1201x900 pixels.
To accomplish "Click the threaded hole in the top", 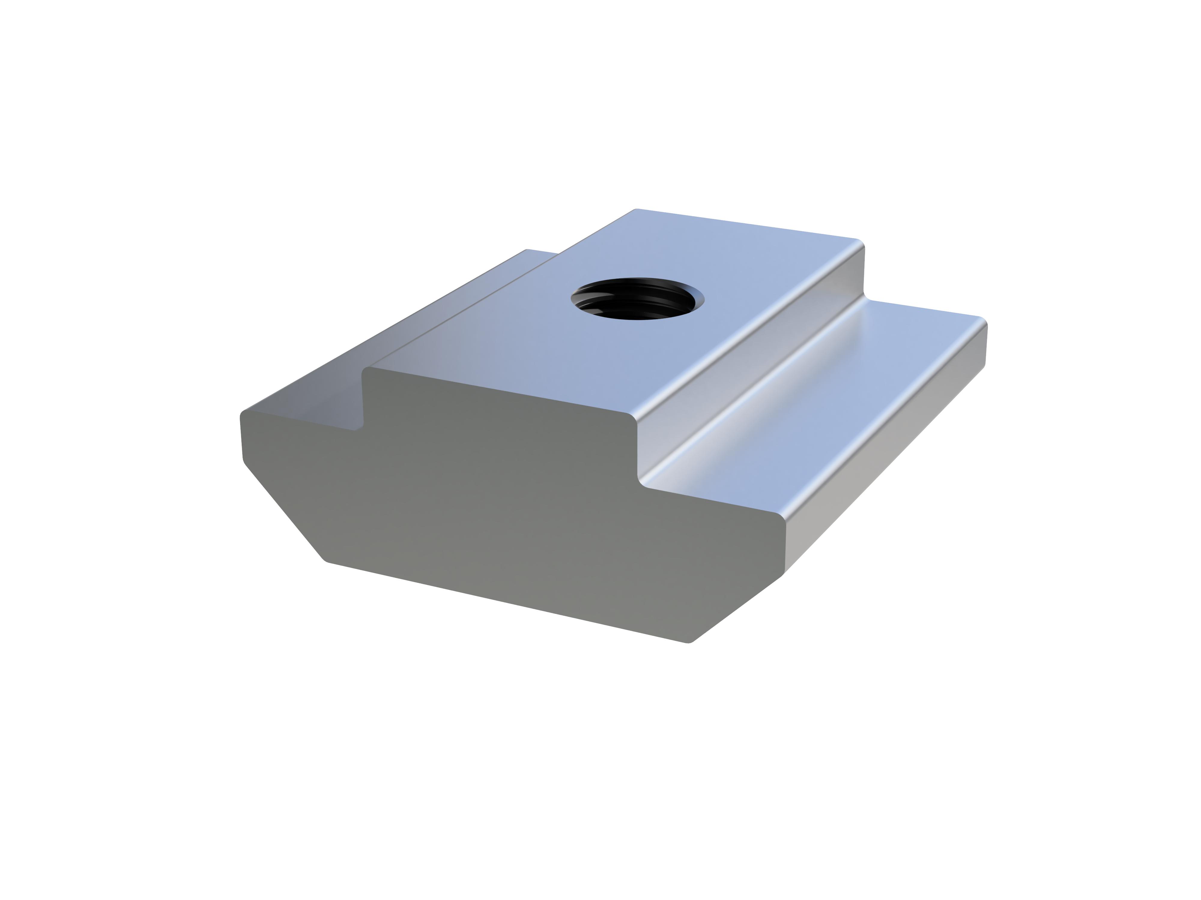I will point(637,299).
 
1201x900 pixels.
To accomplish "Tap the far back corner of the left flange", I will point(527,250).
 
